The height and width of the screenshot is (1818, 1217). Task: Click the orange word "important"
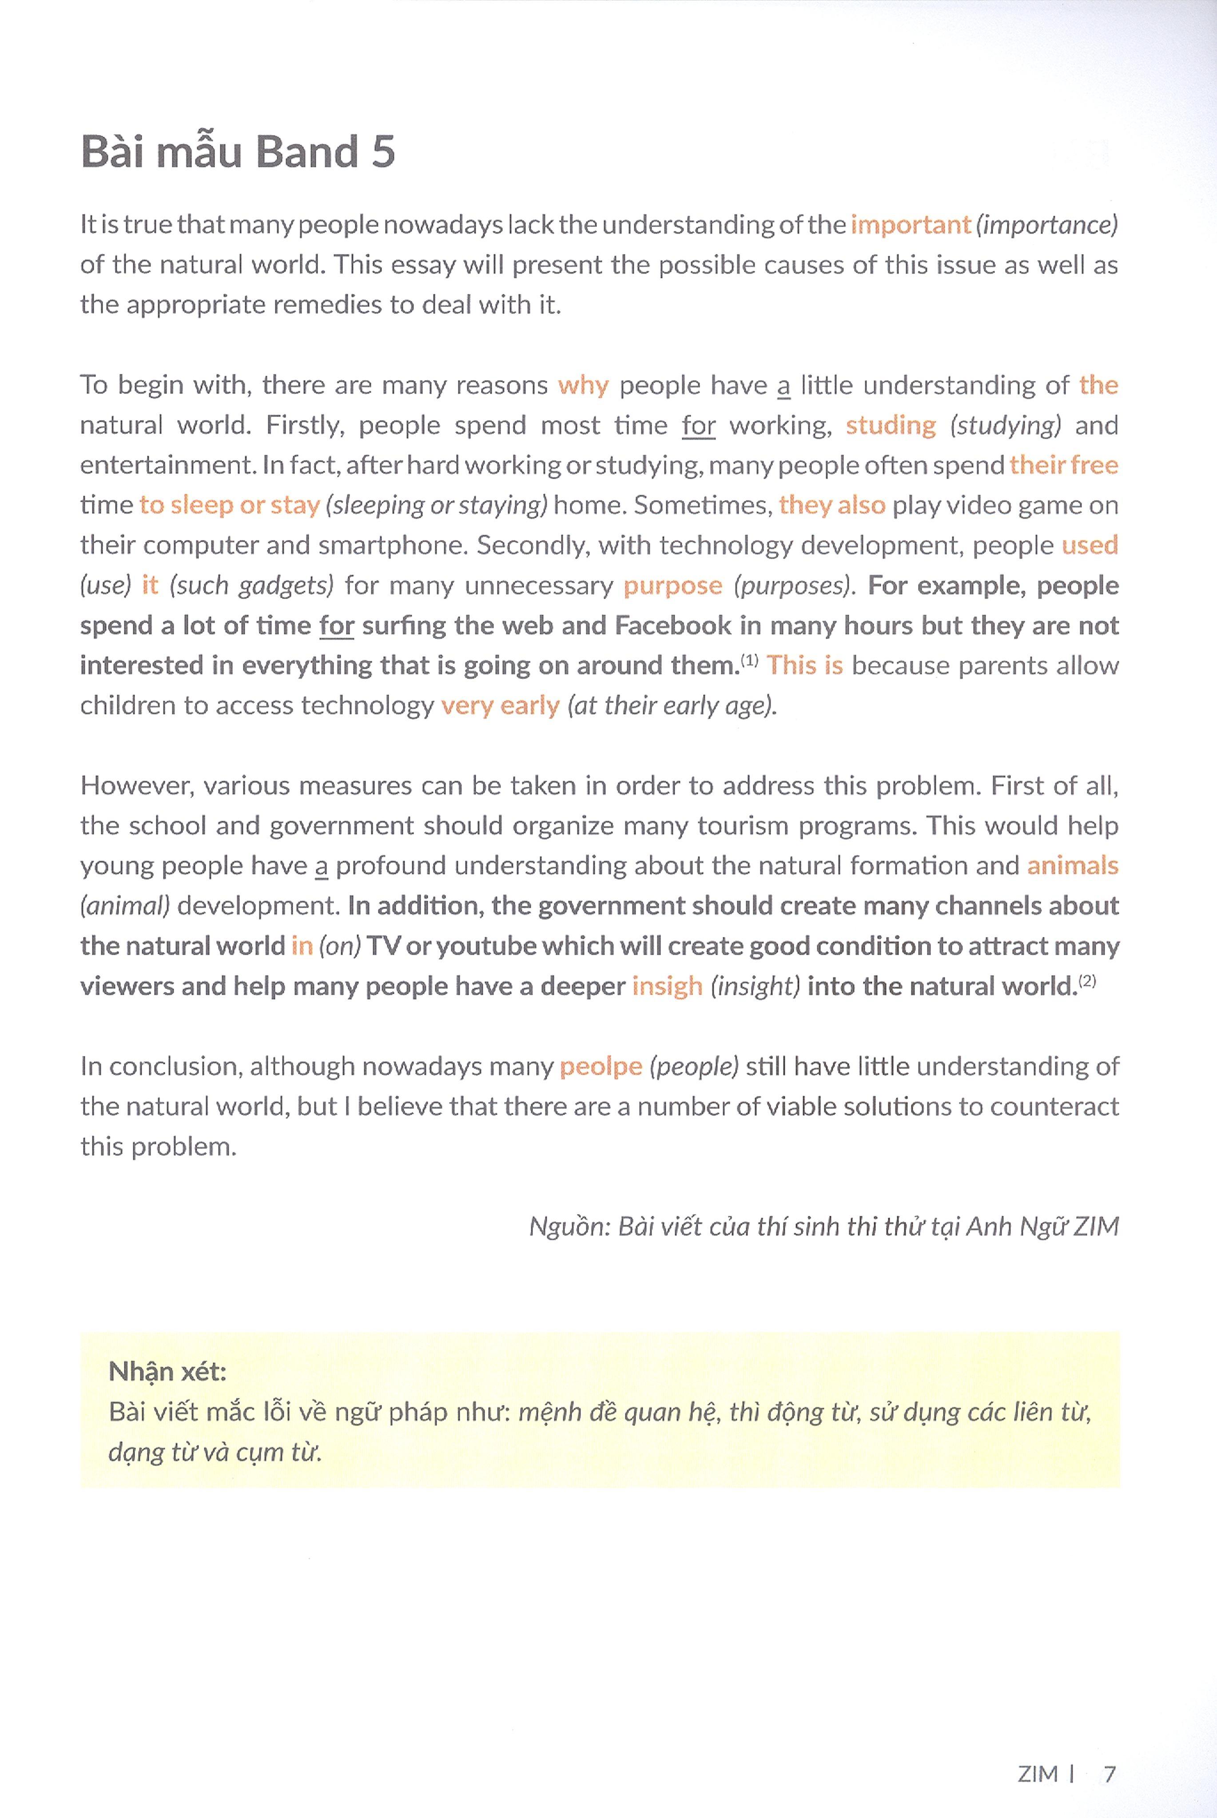point(911,225)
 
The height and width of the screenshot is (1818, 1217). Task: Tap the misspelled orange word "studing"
point(890,426)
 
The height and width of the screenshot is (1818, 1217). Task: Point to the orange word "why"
point(583,385)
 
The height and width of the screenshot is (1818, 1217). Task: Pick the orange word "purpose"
point(672,586)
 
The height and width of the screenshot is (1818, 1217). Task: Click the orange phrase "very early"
point(500,706)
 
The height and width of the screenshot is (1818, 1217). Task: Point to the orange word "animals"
point(1072,866)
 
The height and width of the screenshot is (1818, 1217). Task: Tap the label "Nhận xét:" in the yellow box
point(167,1372)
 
